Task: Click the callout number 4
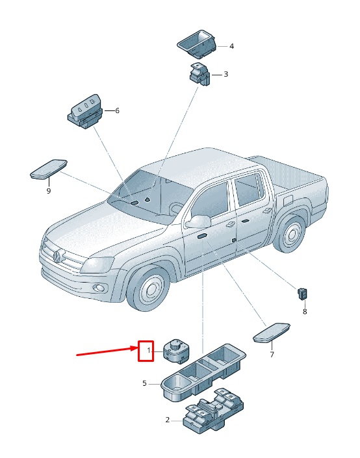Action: coord(231,46)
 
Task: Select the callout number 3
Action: coord(225,74)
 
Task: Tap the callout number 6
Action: coord(117,110)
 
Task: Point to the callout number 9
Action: coord(49,191)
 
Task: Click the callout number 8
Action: coord(305,312)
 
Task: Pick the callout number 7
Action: coord(272,355)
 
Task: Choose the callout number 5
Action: coord(144,383)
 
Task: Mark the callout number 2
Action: coord(168,420)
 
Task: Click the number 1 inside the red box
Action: coord(149,350)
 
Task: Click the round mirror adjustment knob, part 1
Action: coord(176,351)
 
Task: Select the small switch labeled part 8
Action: coord(302,294)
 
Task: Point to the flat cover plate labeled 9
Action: coord(49,169)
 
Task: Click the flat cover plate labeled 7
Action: coord(272,333)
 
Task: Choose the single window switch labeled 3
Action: coord(199,74)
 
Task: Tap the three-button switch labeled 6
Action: coord(86,111)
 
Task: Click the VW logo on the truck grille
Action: coord(57,256)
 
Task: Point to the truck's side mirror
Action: coord(198,222)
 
